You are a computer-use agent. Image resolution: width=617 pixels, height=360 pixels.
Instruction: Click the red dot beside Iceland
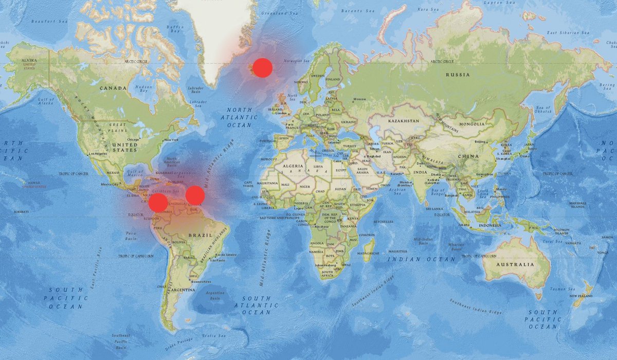pos(262,68)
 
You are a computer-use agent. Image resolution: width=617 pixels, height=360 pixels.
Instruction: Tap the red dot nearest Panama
pos(158,203)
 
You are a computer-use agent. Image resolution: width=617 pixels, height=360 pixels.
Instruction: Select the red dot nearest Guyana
pos(195,195)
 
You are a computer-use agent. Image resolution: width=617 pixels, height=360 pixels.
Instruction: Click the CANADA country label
pos(113,88)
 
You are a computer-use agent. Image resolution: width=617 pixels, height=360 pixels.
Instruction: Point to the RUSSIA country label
pos(458,75)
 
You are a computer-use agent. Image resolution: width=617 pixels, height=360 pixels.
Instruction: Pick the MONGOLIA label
pos(471,124)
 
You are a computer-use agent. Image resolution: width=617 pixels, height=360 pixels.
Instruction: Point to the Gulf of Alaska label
pos(46,101)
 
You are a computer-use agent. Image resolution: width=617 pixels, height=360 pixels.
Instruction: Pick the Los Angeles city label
pos(98,154)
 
